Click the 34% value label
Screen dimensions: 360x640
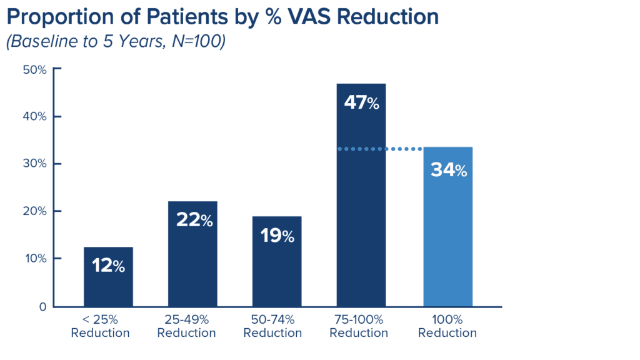(x=448, y=170)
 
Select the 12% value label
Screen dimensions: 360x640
(x=108, y=266)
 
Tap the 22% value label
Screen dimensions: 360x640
(x=192, y=221)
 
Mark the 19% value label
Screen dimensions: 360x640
(x=277, y=236)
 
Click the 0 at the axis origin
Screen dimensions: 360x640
(x=42, y=306)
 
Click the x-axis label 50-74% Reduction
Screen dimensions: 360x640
(x=272, y=327)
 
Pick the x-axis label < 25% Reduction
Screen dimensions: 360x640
(x=100, y=327)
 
